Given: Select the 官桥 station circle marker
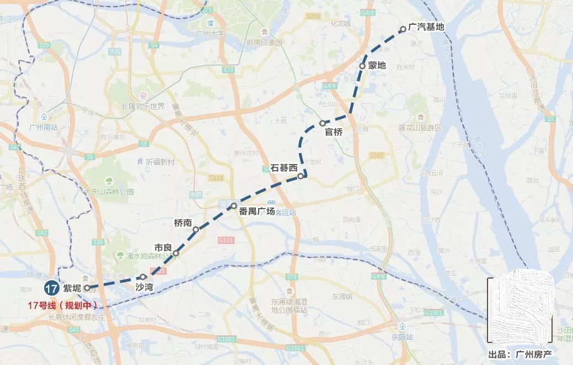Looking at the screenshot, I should [323, 123].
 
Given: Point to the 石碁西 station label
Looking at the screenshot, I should [283, 168].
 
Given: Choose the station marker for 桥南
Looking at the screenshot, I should [196, 230].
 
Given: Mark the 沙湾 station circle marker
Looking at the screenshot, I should [143, 277].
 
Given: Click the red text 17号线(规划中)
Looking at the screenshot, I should [62, 305].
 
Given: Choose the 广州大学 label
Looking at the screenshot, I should [210, 34].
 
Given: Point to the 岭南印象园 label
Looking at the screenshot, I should [264, 42].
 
